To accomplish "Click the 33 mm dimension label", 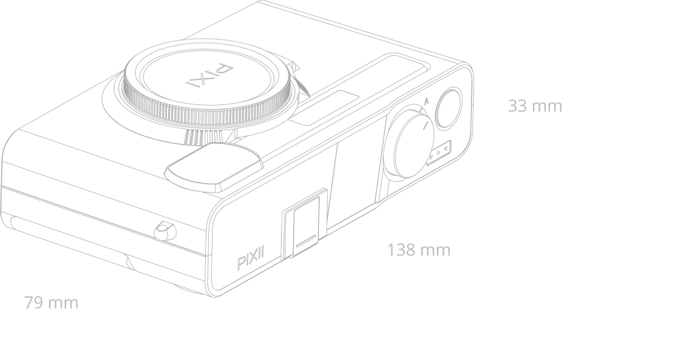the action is [535, 106].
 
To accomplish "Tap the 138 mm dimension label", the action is [419, 250].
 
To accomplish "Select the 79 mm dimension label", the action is [52, 302].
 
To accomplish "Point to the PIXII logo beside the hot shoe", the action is [250, 258].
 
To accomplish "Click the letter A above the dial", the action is [426, 101].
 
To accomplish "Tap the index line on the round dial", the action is [426, 125].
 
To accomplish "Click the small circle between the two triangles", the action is [438, 153].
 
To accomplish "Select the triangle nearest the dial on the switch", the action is [431, 157].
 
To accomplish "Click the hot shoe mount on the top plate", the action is [305, 223].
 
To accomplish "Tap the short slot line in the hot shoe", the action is [306, 241].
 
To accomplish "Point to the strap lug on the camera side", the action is [165, 230].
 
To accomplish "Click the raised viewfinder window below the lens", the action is [214, 167].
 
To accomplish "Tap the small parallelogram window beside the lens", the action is [324, 108].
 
